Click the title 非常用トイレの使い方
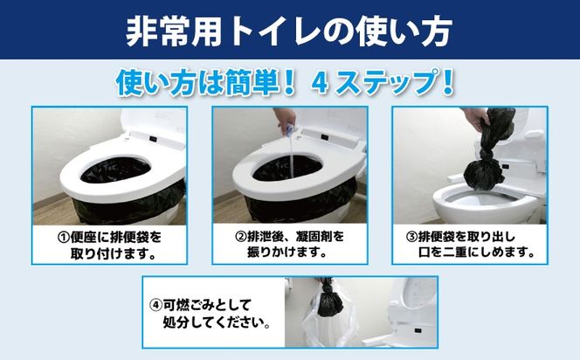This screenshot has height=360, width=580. pos(289,31)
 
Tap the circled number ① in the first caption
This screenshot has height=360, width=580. pos(64,237)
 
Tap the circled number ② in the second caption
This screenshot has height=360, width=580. pos(242,237)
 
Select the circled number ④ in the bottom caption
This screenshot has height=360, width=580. pos(155,305)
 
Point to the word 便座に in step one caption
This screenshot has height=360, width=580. pos(91,237)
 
